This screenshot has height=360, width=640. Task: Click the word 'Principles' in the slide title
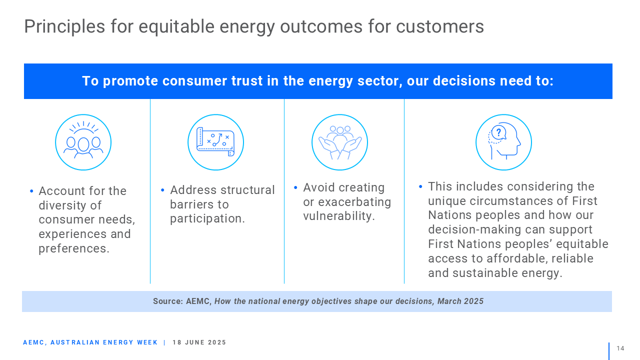pyautogui.click(x=64, y=26)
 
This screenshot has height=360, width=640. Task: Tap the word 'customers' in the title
pyautogui.click(x=439, y=26)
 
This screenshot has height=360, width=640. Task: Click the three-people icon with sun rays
pyautogui.click(x=83, y=142)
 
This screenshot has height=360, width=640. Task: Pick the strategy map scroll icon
pyautogui.click(x=215, y=142)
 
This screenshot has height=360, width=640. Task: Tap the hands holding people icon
pyautogui.click(x=339, y=142)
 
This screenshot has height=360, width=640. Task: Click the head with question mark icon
pyautogui.click(x=503, y=142)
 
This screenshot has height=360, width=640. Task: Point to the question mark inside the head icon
pyautogui.click(x=498, y=132)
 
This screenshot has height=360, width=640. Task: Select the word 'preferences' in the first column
pyautogui.click(x=72, y=248)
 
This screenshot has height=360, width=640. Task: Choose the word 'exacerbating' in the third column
pyautogui.click(x=354, y=202)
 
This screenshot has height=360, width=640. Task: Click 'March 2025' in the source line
pyautogui.click(x=460, y=301)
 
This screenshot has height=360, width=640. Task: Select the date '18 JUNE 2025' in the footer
pyautogui.click(x=199, y=342)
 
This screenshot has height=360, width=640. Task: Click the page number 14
pyautogui.click(x=620, y=348)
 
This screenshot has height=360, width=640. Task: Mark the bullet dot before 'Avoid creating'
pyautogui.click(x=295, y=187)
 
